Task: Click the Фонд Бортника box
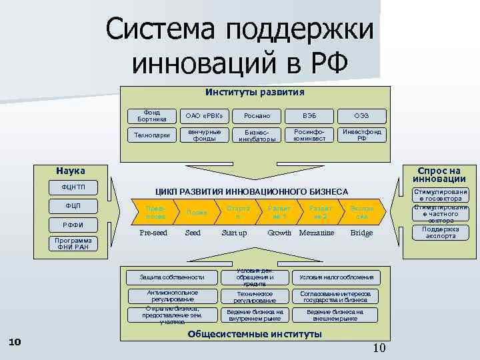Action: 147,115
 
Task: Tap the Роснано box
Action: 256,115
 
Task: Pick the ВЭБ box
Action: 309,115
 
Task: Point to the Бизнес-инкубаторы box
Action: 256,135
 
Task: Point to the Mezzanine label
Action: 317,233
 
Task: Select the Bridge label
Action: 362,233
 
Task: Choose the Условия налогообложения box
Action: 336,277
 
